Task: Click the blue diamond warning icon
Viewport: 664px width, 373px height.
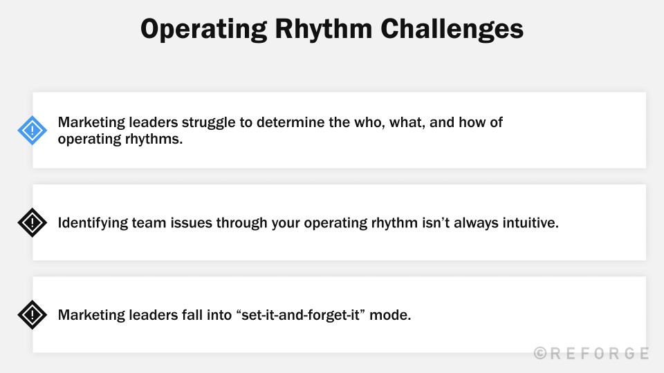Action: tap(32, 130)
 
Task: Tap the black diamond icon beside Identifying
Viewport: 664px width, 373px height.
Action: tap(32, 222)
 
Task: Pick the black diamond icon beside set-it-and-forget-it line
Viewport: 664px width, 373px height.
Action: tap(32, 315)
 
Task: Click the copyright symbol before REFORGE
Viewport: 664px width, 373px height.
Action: tap(541, 354)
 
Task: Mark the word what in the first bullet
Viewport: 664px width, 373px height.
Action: tap(429, 123)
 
